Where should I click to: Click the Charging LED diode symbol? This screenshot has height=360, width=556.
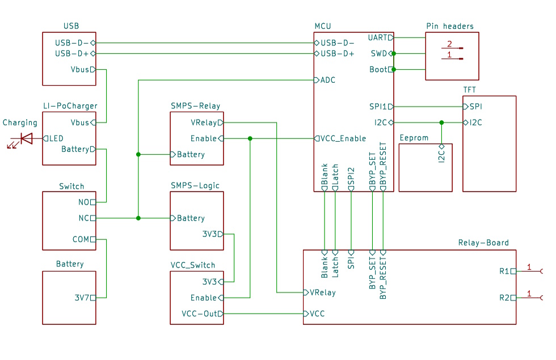(26, 138)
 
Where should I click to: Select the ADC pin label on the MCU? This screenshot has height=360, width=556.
(328, 80)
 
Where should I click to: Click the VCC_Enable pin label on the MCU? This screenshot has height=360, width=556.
(343, 138)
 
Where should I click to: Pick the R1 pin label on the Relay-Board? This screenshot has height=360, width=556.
(504, 271)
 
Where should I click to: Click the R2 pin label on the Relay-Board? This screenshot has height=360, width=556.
(504, 298)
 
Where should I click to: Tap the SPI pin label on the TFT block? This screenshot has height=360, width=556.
(475, 107)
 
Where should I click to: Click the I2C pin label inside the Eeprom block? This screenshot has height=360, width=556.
(441, 155)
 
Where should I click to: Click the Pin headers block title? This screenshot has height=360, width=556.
(449, 26)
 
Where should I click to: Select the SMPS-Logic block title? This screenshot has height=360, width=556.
(195, 185)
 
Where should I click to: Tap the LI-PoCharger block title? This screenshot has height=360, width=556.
(70, 105)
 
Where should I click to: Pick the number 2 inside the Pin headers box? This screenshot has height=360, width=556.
(449, 44)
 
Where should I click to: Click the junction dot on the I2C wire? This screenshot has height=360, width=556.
(441, 122)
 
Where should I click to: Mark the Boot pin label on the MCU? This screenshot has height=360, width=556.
(378, 70)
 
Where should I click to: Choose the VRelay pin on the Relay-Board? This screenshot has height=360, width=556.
(322, 293)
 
